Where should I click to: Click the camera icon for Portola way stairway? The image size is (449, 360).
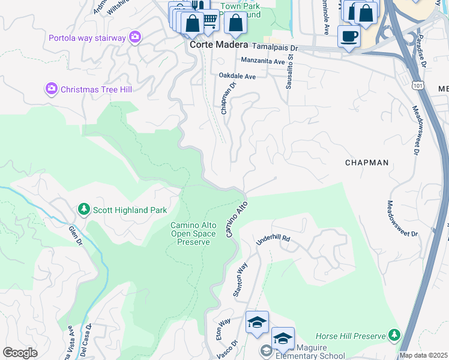point(135,38)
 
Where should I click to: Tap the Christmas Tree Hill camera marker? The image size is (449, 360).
point(52,89)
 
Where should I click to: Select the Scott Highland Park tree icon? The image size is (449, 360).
point(84,210)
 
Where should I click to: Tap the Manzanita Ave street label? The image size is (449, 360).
point(262,61)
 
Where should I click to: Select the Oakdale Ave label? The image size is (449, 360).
point(237,76)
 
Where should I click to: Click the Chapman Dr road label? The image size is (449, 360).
point(226,98)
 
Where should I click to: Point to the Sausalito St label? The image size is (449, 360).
point(289,73)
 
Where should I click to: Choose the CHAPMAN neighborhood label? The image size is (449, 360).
point(367,163)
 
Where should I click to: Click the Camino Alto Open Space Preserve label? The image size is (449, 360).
point(190,233)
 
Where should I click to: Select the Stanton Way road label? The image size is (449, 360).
point(240,280)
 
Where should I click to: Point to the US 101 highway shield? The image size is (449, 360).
point(417,86)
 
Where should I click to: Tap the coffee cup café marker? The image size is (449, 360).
point(349,36)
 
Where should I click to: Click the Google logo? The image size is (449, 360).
point(20,353)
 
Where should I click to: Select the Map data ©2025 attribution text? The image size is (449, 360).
point(423,355)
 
